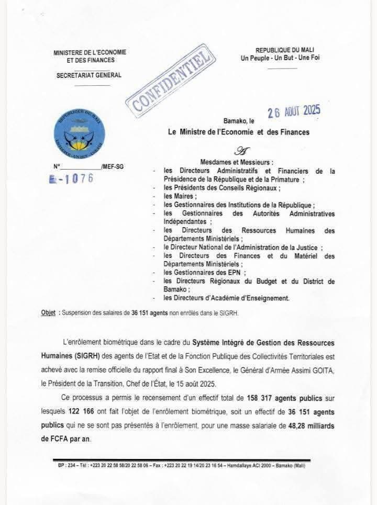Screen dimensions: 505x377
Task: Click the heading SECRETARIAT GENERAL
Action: (x=88, y=75)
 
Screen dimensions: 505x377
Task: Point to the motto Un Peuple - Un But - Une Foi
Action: (x=280, y=59)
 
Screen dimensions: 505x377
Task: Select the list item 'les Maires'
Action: (x=179, y=196)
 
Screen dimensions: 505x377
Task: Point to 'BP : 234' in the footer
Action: (x=66, y=465)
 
